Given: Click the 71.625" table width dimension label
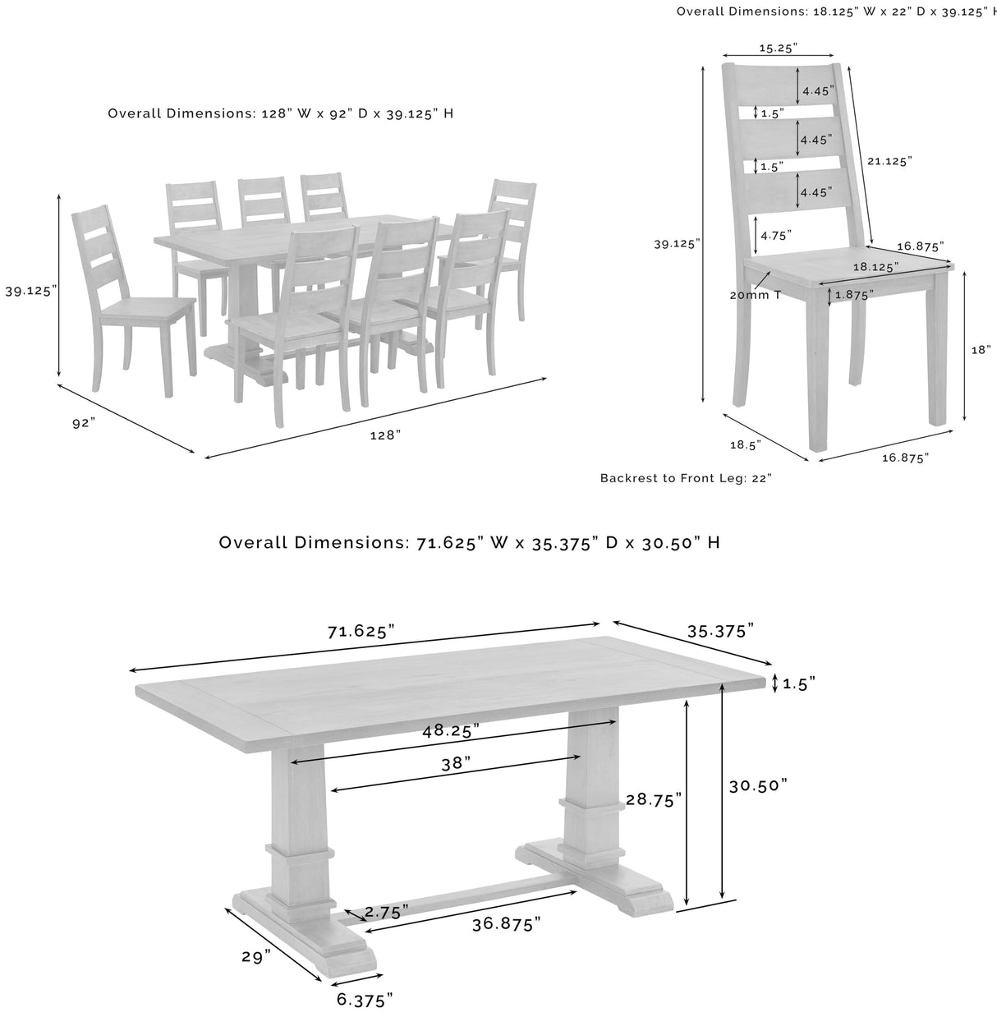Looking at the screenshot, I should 361,631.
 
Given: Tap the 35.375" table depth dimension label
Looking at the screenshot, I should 720,631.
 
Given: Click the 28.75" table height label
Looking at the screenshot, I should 654,799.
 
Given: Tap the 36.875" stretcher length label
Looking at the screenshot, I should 506,924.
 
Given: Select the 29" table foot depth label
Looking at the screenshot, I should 255,957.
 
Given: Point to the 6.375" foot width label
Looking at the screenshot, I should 365,1000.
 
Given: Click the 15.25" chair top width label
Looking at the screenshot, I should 777,48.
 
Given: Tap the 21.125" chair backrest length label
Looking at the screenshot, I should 889,162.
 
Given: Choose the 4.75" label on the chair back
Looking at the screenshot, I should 776,235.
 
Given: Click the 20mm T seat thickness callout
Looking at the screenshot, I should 755,295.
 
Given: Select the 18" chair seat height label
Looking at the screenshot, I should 981,349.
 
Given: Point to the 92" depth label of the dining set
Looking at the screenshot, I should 84,422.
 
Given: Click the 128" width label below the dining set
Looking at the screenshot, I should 384,436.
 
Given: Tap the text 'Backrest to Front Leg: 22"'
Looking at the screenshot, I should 686,477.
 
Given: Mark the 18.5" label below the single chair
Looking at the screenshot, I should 745,444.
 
